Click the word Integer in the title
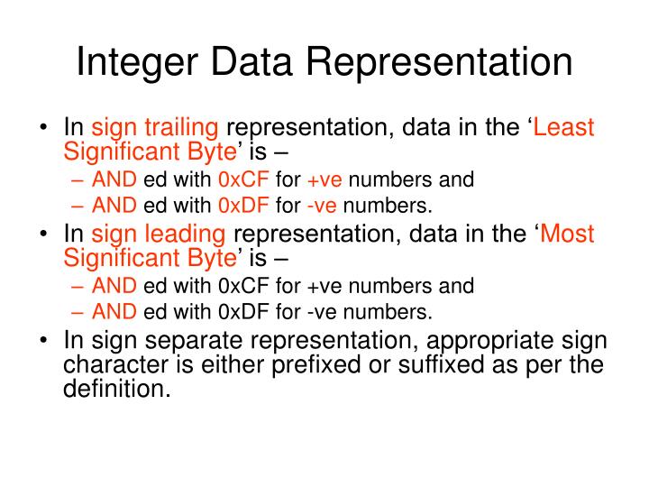point(134,62)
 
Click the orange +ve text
point(319,179)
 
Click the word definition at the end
point(116,390)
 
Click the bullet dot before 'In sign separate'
point(42,343)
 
